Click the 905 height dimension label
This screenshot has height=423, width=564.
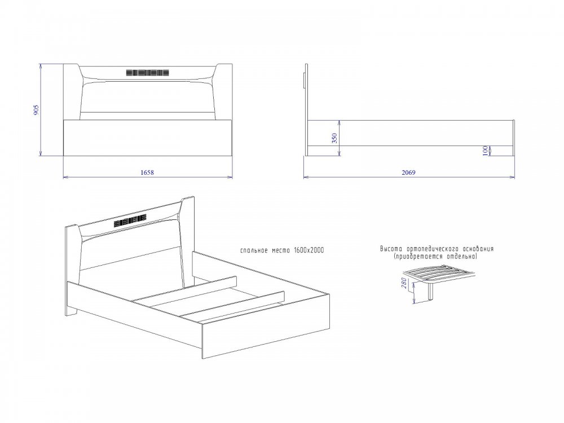click(x=36, y=110)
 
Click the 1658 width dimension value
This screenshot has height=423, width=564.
click(x=147, y=173)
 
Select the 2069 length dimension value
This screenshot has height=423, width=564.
click(x=408, y=173)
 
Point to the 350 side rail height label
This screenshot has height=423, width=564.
click(x=335, y=139)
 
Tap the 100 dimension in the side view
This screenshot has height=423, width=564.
click(x=485, y=151)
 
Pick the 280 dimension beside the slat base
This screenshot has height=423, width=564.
click(x=404, y=284)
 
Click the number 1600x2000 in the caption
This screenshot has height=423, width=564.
click(x=309, y=250)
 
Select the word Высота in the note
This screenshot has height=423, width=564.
click(x=392, y=249)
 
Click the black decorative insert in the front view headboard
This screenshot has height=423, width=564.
click(x=147, y=73)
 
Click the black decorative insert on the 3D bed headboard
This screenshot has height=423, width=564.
click(x=130, y=220)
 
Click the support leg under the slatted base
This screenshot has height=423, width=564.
click(x=431, y=292)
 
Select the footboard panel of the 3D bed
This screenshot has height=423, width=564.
click(x=266, y=327)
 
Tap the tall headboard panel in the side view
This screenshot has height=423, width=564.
click(x=306, y=110)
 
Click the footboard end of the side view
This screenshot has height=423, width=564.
click(x=514, y=138)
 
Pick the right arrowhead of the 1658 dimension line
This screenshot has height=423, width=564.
click(x=230, y=177)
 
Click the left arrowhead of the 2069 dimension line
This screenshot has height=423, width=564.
click(x=306, y=177)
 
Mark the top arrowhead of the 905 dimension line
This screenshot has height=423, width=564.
click(x=40, y=67)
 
